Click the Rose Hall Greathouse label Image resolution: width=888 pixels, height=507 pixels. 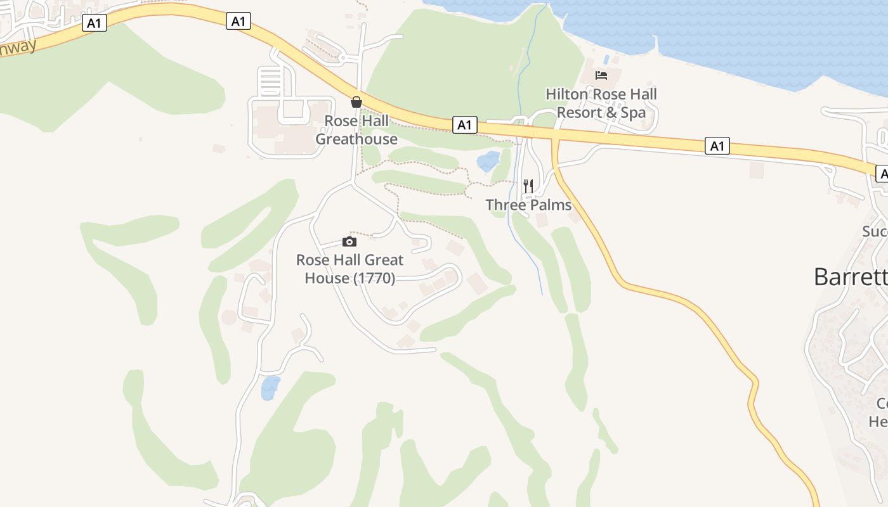pos(356,130)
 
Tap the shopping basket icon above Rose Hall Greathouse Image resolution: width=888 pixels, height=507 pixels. pos(356,102)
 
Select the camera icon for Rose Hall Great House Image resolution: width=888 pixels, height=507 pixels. pos(349,241)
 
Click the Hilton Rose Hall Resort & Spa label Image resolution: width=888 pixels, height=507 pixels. pos(601,103)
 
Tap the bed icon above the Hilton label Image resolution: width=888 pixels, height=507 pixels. pos(601,75)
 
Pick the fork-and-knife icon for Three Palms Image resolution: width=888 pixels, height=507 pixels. pos(528,186)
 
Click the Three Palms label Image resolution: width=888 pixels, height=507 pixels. pos(528,205)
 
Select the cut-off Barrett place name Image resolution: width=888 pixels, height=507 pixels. pos(851,277)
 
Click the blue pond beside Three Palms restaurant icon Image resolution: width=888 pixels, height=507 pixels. pos(488,161)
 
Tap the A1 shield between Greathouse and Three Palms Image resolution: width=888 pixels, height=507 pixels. pos(465,125)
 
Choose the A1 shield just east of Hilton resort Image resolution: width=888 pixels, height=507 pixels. pos(717,146)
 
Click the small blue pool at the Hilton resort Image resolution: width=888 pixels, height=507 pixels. pos(607,60)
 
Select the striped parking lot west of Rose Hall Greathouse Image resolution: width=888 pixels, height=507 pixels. pos(271,80)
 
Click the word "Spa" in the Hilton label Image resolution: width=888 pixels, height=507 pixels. pos(633,113)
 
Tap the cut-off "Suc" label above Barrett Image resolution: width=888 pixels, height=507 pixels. pos(875,231)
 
